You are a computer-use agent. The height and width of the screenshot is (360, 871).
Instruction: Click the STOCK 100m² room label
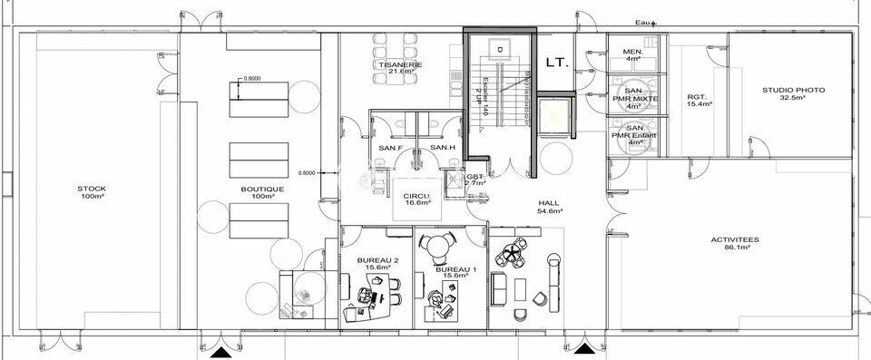pyautogui.click(x=92, y=192)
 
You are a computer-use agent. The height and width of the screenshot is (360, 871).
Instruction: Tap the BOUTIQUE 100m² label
pyautogui.click(x=263, y=192)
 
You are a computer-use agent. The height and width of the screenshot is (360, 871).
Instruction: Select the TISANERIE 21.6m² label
pyautogui.click(x=400, y=69)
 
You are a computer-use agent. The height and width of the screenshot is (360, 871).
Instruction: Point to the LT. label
pyautogui.click(x=557, y=63)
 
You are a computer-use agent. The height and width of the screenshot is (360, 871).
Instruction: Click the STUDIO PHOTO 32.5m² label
pyautogui.click(x=793, y=93)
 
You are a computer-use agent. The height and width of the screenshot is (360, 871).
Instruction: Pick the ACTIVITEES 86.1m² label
pyautogui.click(x=735, y=243)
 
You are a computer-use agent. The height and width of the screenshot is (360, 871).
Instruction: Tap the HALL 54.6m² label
pyautogui.click(x=548, y=207)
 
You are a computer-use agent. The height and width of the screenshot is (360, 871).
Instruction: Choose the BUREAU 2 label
pyautogui.click(x=377, y=264)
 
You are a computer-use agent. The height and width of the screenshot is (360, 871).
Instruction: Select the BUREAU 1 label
pyautogui.click(x=455, y=272)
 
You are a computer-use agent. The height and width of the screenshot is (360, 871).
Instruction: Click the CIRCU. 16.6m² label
pyautogui.click(x=417, y=199)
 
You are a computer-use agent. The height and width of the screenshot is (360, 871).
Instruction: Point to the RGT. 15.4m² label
pyautogui.click(x=698, y=101)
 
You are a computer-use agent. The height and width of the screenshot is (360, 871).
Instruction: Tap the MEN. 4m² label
pyautogui.click(x=633, y=55)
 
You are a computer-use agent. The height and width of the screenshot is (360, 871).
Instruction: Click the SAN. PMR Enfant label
pyautogui.click(x=633, y=135)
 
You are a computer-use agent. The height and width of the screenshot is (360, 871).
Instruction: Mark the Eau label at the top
pyautogui.click(x=644, y=21)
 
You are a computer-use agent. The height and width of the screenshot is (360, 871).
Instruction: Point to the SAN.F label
pyautogui.click(x=390, y=148)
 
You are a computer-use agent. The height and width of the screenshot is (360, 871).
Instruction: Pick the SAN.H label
pyautogui.click(x=442, y=148)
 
